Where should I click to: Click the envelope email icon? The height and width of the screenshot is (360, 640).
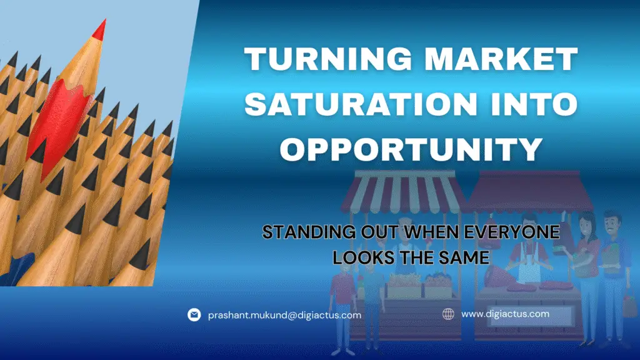click(194, 315)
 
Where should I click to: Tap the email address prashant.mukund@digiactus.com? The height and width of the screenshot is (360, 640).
click(284, 315)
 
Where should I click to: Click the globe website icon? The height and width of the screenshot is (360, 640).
click(448, 314)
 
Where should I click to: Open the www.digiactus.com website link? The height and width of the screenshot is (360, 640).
click(505, 314)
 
